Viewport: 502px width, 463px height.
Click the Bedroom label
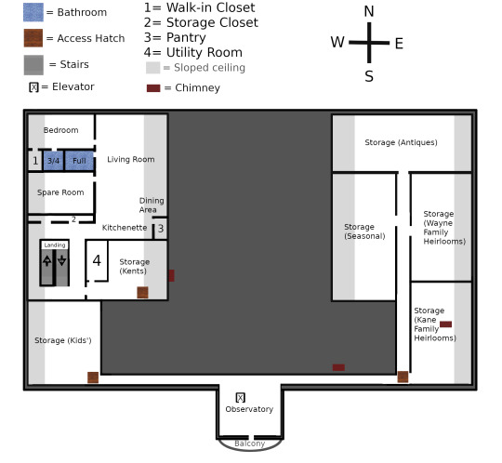pos(60,130)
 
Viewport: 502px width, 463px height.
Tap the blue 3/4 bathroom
pos(53,161)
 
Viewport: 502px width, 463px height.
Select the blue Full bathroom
pos(79,161)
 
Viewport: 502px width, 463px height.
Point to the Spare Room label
pos(60,192)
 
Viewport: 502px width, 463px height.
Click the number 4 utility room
pos(97,260)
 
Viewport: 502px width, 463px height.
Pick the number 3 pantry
pos(161,229)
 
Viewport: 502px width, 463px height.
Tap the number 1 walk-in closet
pos(35,161)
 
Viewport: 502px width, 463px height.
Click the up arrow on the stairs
pos(47,260)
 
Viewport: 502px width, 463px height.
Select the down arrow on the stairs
pos(61,260)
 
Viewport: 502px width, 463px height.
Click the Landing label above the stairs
pos(55,245)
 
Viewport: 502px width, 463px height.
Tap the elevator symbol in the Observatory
pos(241,398)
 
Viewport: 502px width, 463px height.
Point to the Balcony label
pos(250,443)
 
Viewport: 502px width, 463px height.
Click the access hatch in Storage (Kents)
pos(142,292)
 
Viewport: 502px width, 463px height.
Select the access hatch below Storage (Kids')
pos(93,377)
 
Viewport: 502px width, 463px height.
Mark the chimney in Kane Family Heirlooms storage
pos(445,324)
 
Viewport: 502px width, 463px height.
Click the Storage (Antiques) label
pos(401,142)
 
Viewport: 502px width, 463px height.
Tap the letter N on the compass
pos(369,11)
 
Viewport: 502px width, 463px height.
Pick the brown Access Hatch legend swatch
pos(33,38)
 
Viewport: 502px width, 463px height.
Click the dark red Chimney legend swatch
pos(153,88)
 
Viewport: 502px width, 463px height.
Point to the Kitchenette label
pos(125,228)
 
